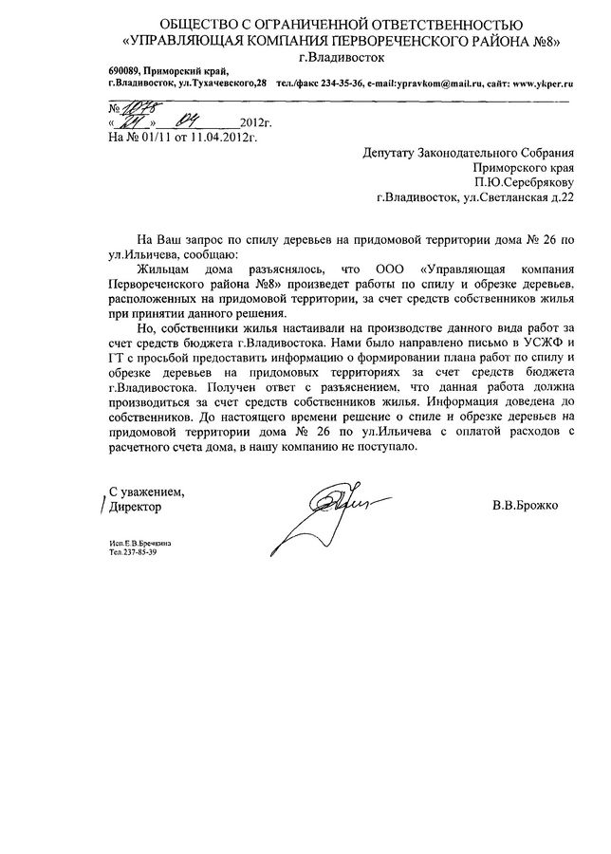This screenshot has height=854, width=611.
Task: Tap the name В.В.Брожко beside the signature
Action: pyautogui.click(x=526, y=506)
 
